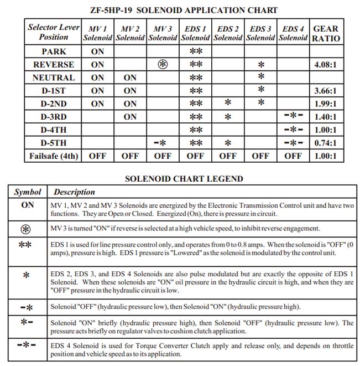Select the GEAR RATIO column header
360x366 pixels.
point(326,33)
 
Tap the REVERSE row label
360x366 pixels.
point(54,64)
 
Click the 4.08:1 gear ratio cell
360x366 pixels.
point(326,64)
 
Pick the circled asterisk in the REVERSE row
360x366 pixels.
point(162,64)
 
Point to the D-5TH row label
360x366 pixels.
point(54,143)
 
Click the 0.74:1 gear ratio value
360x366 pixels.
point(326,143)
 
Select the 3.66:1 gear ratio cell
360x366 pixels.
point(326,90)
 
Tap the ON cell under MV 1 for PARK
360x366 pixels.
point(97,51)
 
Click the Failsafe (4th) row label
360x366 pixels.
point(54,156)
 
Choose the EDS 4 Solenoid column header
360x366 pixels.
point(293,33)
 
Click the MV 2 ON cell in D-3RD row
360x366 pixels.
point(130,117)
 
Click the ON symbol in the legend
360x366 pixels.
point(28,205)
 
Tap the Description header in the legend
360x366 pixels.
point(74,192)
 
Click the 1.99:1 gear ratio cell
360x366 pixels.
point(326,104)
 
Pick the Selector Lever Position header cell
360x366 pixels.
point(54,33)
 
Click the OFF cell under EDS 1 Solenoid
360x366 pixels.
point(195,156)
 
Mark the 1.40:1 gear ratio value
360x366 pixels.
point(326,117)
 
